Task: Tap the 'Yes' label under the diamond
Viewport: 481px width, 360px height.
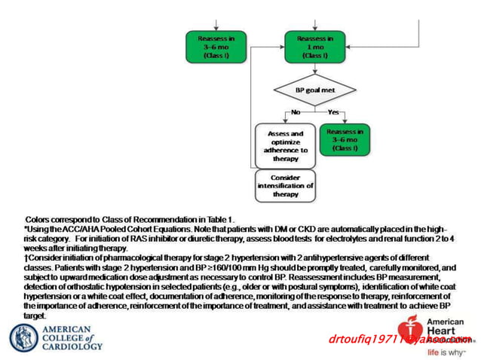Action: pyautogui.click(x=333, y=112)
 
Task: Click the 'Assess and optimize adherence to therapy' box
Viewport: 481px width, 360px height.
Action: pyautogui.click(x=286, y=145)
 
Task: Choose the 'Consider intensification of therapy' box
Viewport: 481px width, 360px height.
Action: pyautogui.click(x=285, y=185)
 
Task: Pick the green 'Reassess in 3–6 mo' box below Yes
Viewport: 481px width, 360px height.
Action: pyautogui.click(x=345, y=139)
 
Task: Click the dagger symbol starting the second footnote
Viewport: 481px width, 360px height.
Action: pyautogui.click(x=26, y=258)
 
